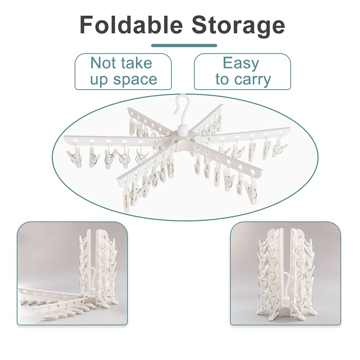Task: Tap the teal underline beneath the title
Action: pyautogui.click(x=184, y=45)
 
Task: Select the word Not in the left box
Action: pyautogui.click(x=104, y=63)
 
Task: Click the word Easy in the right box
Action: pyautogui.click(x=241, y=64)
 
